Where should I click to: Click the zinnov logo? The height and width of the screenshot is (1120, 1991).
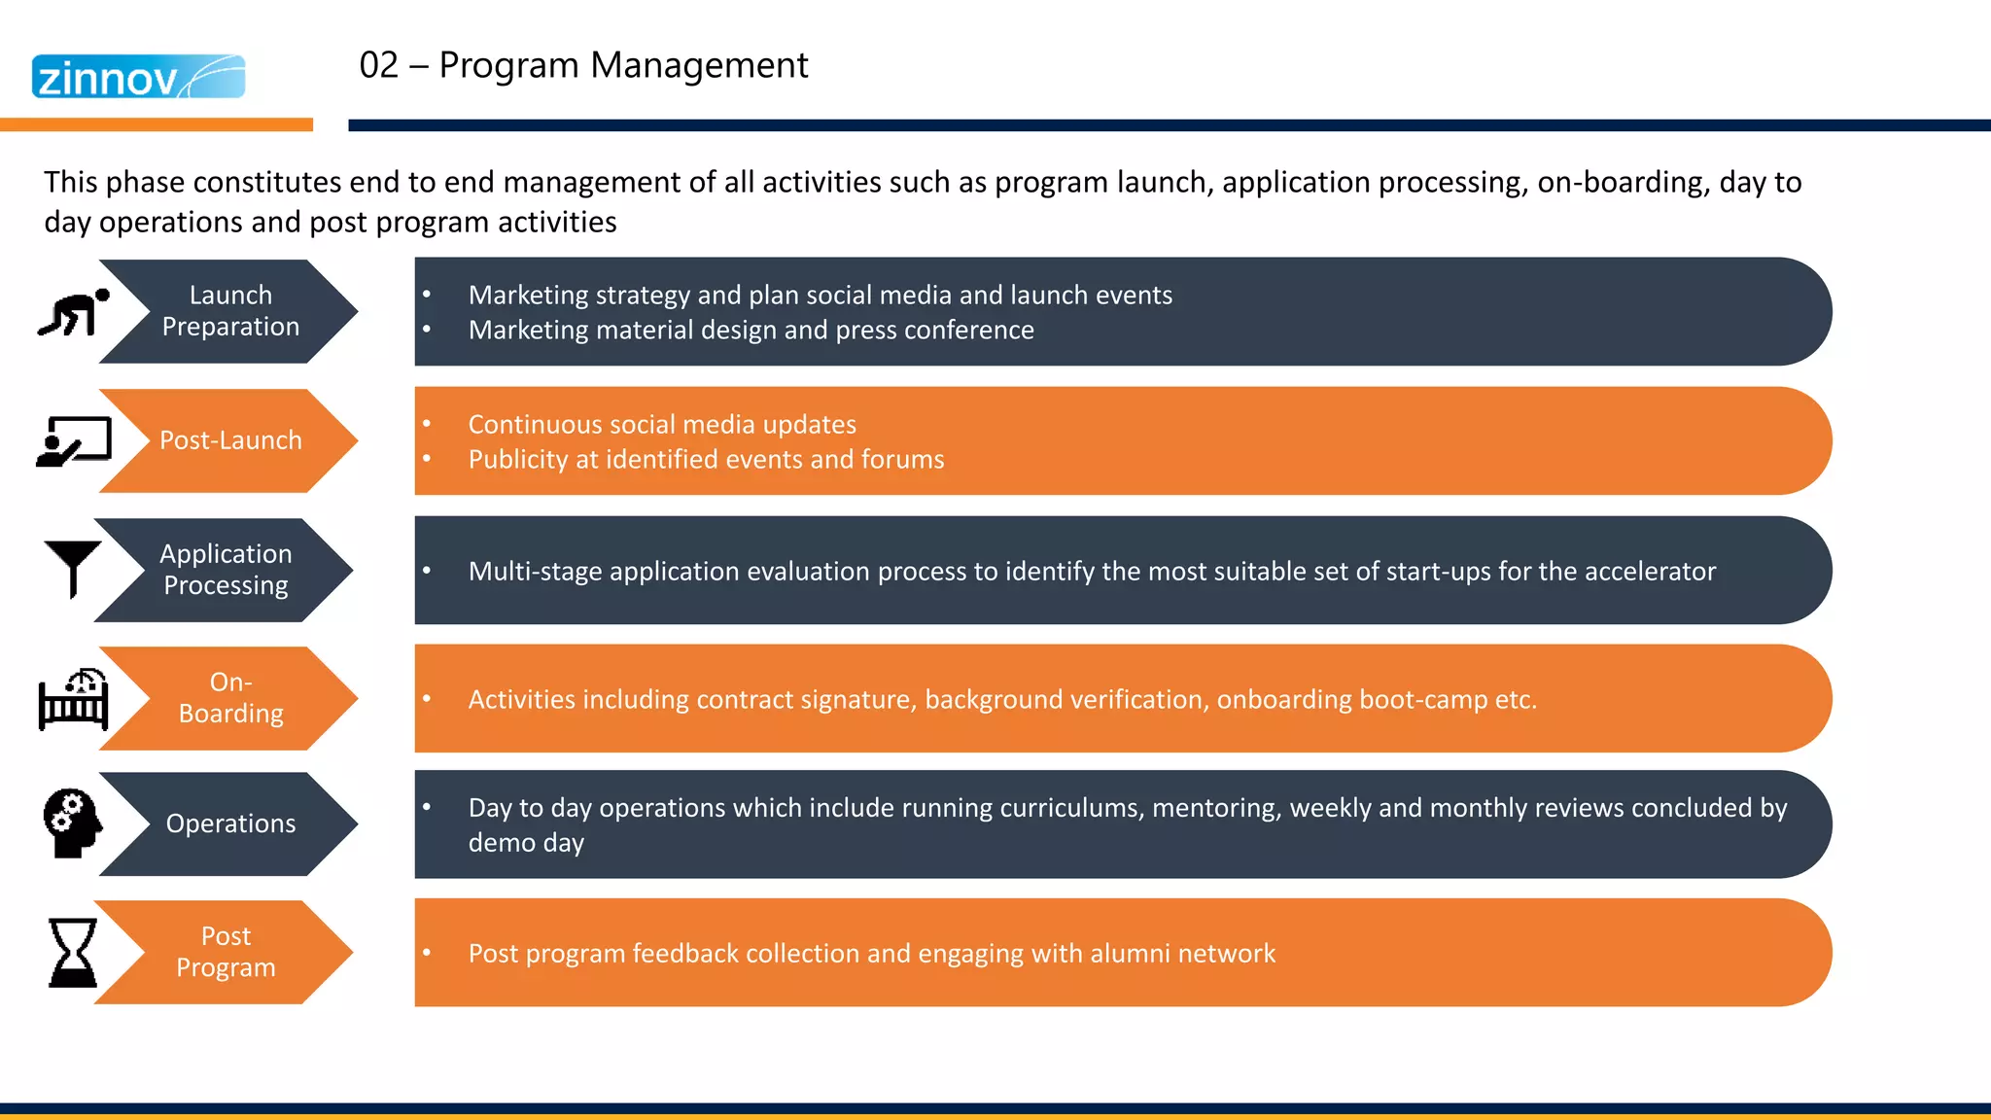click(138, 77)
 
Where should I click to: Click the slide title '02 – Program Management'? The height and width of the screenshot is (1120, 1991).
click(583, 65)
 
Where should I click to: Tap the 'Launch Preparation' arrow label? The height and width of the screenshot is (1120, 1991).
click(230, 311)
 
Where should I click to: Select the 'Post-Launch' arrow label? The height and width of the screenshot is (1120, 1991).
click(230, 440)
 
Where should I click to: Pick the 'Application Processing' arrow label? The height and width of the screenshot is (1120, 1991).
click(226, 570)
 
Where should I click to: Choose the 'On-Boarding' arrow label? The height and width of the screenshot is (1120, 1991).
click(230, 698)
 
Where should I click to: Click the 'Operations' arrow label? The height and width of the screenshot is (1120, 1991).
click(230, 823)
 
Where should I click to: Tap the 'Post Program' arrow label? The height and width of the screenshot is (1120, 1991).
click(226, 952)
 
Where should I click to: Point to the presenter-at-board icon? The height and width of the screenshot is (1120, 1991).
click(73, 441)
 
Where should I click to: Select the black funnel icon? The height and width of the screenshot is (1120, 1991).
click(73, 568)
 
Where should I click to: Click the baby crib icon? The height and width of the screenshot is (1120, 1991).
click(73, 699)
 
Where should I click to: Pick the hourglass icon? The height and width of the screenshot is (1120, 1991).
click(73, 952)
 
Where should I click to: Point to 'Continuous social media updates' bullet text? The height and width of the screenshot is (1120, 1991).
click(662, 425)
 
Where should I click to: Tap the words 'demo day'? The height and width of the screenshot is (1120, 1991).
click(526, 843)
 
